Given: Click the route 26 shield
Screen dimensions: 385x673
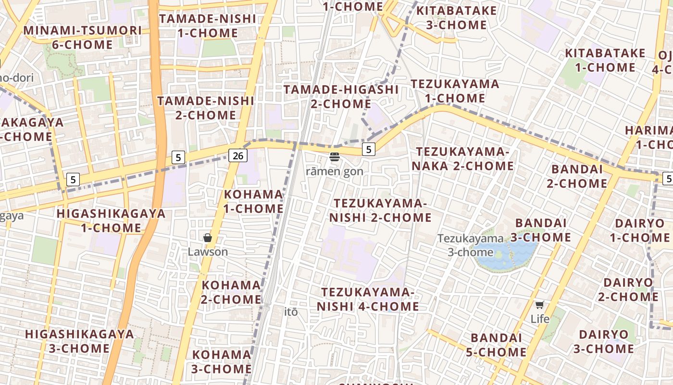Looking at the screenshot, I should coord(237,155).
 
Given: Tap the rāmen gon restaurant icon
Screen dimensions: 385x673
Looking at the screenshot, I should coord(335,156).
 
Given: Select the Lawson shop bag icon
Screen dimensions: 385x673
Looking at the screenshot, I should coord(208,238).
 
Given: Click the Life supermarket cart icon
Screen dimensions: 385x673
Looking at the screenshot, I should coord(540,305).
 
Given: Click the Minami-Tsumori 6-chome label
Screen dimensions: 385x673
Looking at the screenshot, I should coord(83,38).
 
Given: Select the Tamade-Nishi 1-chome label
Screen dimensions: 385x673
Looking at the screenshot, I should coord(208,26).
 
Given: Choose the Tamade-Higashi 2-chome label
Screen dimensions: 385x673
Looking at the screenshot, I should coord(341,97).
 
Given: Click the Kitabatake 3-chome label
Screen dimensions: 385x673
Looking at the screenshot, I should coord(456,18).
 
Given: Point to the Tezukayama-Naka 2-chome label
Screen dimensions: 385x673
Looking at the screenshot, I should coord(465,159).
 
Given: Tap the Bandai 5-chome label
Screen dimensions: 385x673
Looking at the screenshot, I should coord(496,345).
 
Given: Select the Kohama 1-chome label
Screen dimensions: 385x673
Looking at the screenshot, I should coord(253,202).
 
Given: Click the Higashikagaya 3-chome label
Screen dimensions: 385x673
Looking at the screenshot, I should coord(79,341).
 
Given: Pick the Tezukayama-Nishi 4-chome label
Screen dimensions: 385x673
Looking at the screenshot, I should coord(368,299).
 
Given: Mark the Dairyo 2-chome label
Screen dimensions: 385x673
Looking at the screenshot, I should coord(628,289).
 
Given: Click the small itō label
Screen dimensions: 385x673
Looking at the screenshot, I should coord(291,312).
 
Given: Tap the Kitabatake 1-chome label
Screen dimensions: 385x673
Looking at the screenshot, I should coord(605,60).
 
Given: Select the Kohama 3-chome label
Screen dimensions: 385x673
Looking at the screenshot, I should coord(222,362).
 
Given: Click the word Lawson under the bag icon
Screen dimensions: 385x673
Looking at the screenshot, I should coord(208,252).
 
